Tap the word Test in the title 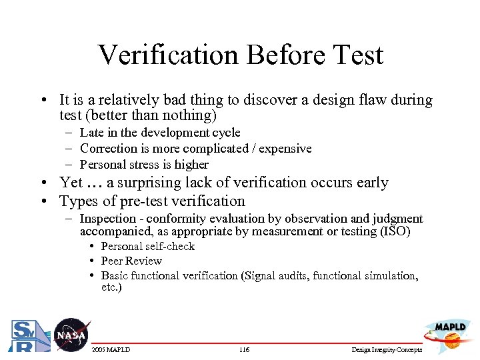tap(356, 55)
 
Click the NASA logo tap(71, 335)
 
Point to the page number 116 tap(244, 350)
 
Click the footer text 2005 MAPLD tap(111, 350)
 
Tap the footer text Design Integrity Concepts tap(387, 350)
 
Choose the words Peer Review tap(131, 261)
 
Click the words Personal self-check tap(147, 246)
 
